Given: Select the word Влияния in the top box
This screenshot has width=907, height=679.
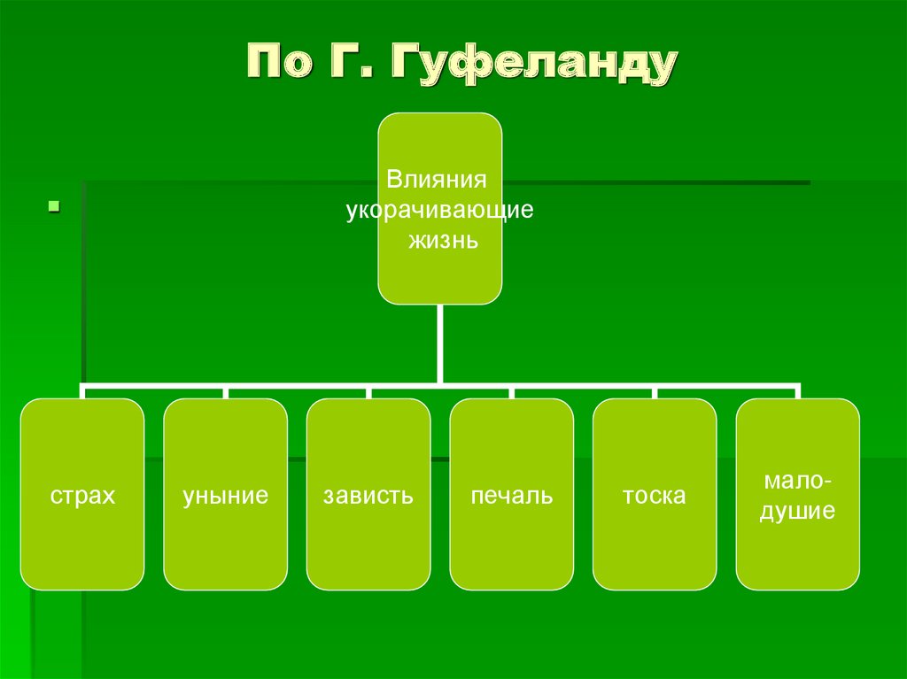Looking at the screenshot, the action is point(437,180).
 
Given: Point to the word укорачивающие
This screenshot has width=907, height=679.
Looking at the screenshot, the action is point(439,211).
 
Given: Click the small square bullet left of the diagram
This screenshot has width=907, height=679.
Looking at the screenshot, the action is point(53,207).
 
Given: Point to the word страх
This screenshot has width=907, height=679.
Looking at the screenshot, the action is point(82,496).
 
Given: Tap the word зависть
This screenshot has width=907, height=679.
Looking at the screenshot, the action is point(368,496).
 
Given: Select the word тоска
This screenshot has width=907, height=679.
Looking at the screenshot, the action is point(654,496).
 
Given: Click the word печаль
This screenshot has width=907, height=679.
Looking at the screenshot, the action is point(511,496).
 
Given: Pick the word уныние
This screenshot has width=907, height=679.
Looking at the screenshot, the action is point(225,496).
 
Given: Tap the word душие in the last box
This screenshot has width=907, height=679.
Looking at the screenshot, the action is point(797,511).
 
